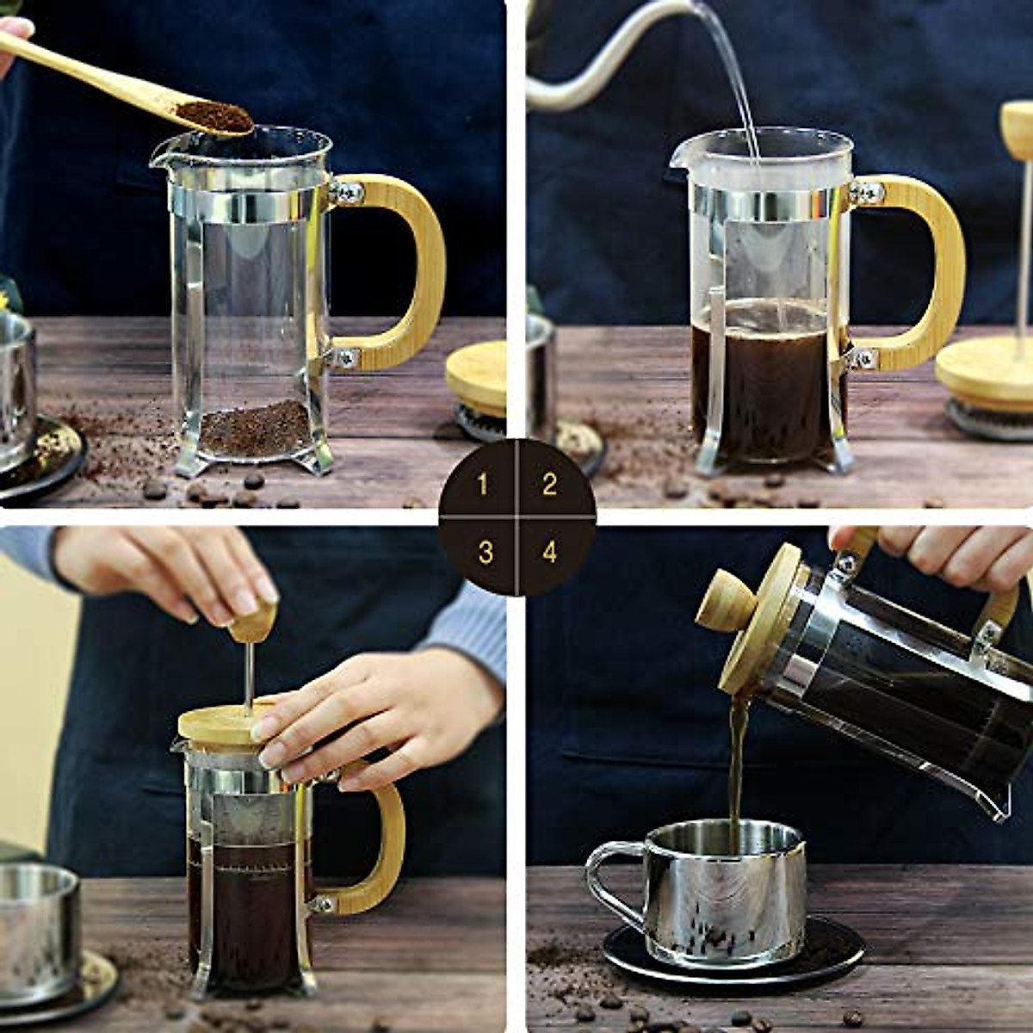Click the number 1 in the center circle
pyautogui.click(x=482, y=485)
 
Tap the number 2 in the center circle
pyautogui.click(x=549, y=485)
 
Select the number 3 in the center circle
pyautogui.click(x=486, y=552)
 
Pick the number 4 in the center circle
pyautogui.click(x=550, y=552)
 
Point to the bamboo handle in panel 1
pyautogui.click(x=422, y=267)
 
